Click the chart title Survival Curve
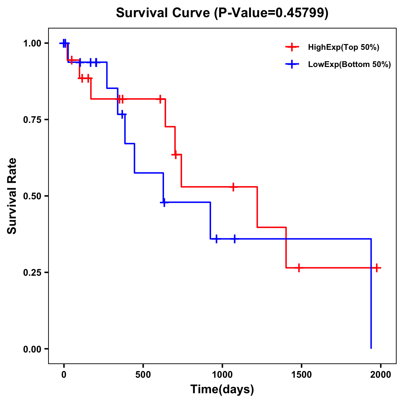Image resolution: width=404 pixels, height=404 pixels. [222, 13]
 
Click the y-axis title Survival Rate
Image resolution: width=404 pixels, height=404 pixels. [12, 196]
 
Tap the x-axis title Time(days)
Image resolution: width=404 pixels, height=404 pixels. [222, 389]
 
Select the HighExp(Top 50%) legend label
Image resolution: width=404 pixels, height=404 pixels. [343, 47]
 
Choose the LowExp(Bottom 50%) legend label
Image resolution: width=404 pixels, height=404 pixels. [349, 65]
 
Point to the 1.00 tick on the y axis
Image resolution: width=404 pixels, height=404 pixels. [32, 43]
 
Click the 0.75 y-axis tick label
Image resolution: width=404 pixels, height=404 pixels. [32, 120]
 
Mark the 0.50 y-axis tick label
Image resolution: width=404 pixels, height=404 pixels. [32, 196]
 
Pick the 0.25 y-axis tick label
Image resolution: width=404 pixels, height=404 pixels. [32, 273]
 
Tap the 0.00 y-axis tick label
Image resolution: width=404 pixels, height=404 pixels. [32, 349]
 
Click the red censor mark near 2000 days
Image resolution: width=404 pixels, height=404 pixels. [377, 268]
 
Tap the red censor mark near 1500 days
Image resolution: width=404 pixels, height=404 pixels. [299, 268]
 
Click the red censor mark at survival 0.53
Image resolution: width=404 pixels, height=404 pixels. [233, 187]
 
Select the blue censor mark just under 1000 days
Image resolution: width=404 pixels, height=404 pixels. [216, 239]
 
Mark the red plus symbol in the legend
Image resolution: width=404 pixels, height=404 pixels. [292, 47]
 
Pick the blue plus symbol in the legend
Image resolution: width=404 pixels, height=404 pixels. [292, 65]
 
